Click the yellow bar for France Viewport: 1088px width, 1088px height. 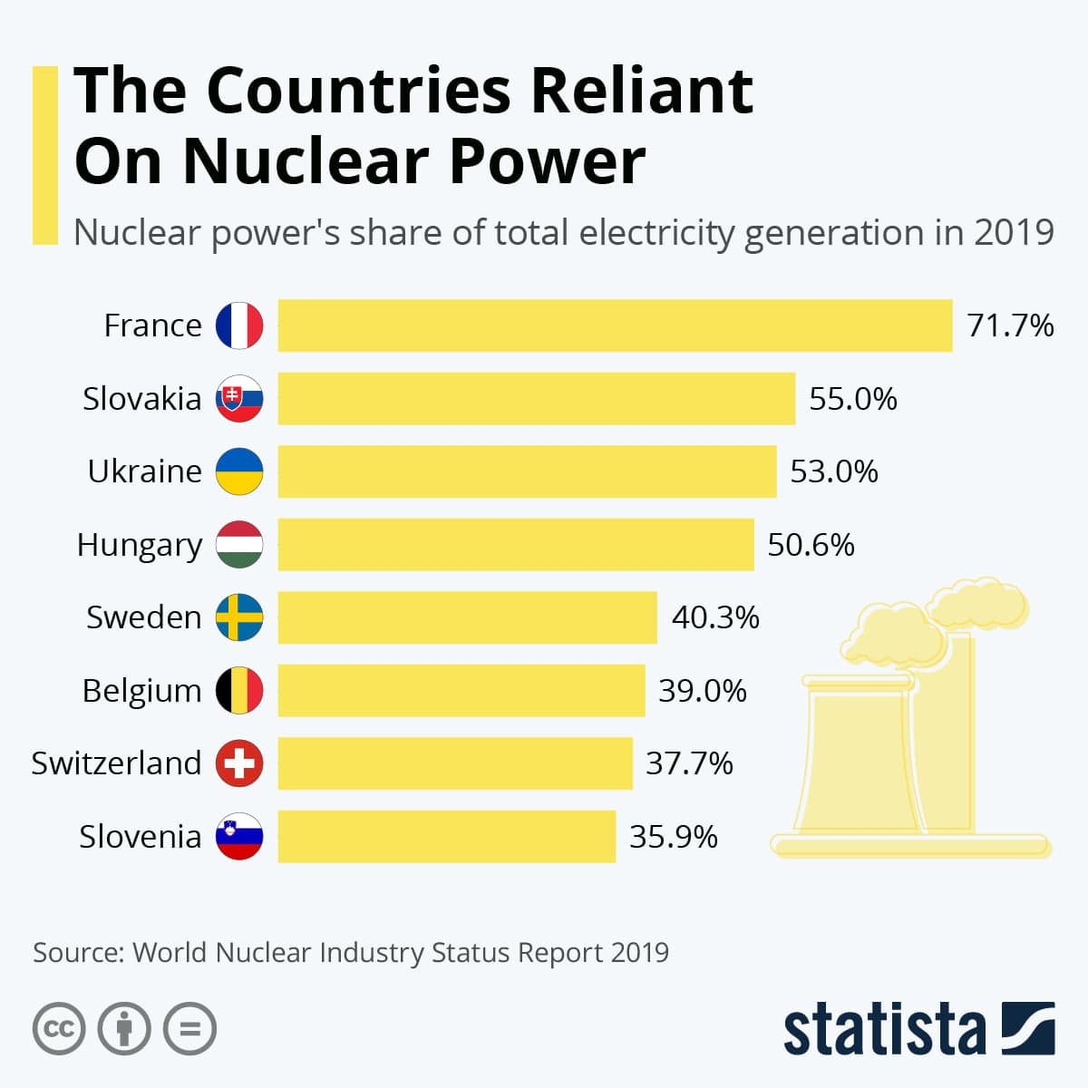615,325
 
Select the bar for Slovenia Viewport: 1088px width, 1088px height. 446,836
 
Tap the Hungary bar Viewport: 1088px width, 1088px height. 515,544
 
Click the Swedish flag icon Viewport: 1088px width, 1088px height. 239,617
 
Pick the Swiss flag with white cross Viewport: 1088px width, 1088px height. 239,763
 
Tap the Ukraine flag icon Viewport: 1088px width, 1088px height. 239,471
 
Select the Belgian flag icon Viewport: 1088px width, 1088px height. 239,690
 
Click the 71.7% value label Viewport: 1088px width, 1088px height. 1010,325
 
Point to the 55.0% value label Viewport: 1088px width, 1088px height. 852,399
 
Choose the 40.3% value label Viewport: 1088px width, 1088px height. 714,617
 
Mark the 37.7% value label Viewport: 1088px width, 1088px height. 689,763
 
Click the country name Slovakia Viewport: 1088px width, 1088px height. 141,399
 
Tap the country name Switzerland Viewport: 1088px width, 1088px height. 116,763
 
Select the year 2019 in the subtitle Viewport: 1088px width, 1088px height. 1014,233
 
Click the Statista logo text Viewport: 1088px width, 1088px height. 884,1030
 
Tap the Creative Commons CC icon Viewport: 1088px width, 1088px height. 59,1029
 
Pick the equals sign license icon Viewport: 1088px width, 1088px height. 189,1029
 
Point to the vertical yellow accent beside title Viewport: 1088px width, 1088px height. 44,154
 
